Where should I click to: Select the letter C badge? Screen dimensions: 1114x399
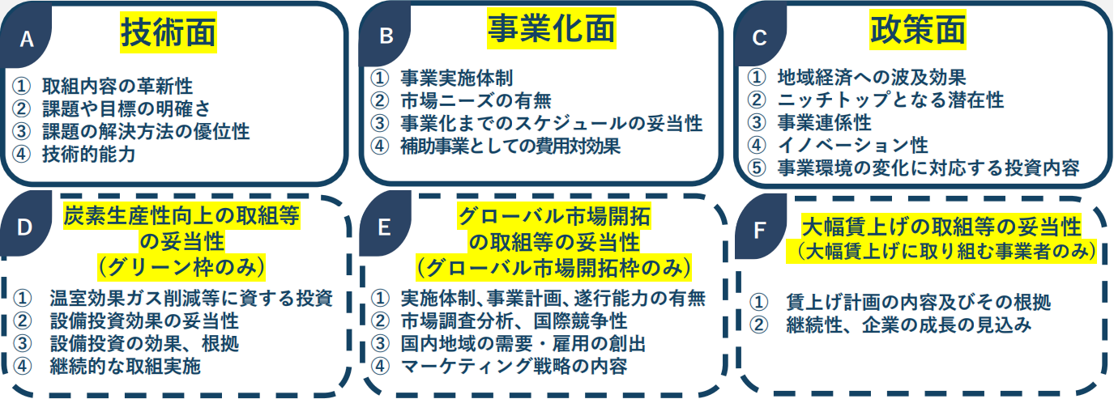(759, 37)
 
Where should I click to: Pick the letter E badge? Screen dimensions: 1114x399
(384, 227)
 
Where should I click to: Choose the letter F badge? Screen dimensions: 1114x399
(759, 230)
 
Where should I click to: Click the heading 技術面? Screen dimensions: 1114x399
(169, 32)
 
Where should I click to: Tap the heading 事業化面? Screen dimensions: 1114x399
(552, 29)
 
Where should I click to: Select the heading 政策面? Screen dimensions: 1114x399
(918, 30)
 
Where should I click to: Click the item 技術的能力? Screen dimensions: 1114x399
(88, 154)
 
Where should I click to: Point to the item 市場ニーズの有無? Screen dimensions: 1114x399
(476, 101)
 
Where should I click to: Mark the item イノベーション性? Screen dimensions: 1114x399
(853, 146)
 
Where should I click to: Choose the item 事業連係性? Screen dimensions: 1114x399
(825, 123)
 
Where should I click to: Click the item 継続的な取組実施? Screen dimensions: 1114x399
(125, 366)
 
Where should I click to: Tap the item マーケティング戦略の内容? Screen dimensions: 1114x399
(514, 366)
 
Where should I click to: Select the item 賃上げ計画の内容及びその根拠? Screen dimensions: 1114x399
(918, 302)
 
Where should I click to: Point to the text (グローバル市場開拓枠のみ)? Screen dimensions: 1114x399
(554, 269)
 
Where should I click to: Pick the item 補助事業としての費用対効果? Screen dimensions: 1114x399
(510, 146)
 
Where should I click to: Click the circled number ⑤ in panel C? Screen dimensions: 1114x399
(757, 168)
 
